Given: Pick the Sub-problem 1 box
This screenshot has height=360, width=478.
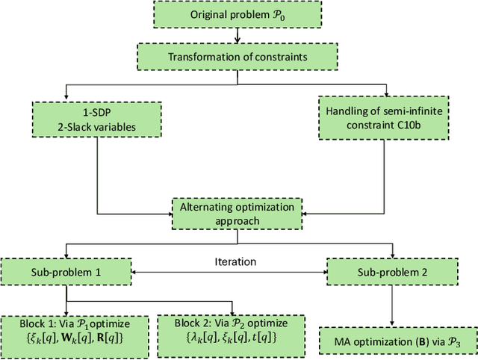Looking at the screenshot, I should pos(66,271).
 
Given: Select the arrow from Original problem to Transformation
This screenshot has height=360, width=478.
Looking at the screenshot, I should pos(238,36).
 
